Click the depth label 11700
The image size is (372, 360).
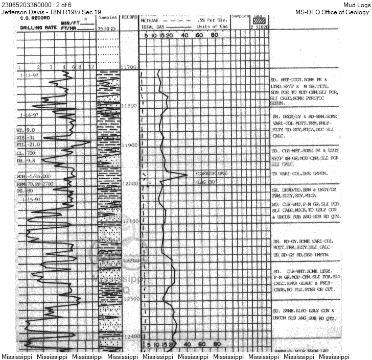coord(130,67)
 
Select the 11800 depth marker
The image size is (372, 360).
coord(130,105)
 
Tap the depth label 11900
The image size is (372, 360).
coord(130,146)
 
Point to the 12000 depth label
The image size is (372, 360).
coord(130,183)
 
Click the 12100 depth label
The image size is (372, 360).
coord(130,221)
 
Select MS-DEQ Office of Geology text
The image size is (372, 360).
coord(332,12)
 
